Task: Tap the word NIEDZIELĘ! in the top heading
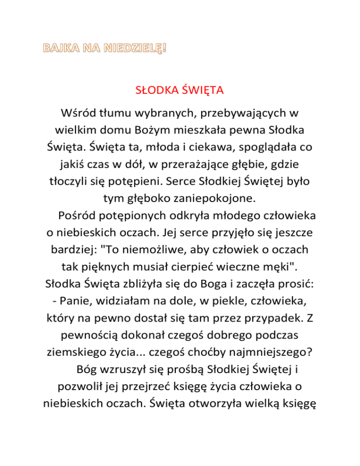point(140,48)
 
